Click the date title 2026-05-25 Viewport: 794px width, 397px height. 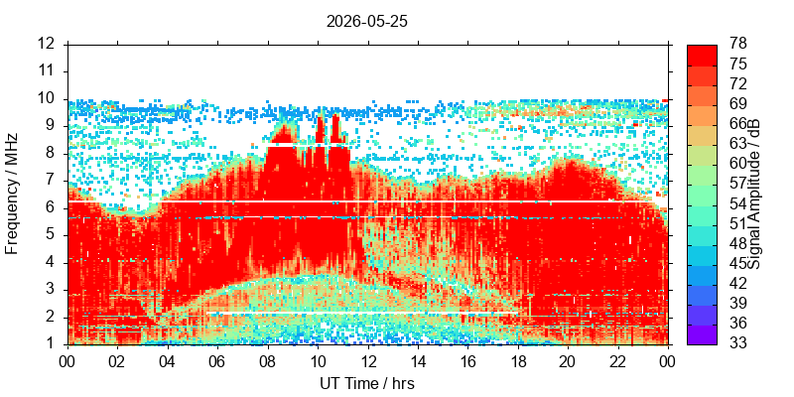[367, 22]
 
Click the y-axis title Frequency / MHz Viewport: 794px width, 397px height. [12, 194]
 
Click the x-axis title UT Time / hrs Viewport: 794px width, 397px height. [367, 383]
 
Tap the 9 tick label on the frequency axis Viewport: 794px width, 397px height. [51, 126]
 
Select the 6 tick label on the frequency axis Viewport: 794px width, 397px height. [51, 208]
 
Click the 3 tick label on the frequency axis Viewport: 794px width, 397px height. [51, 290]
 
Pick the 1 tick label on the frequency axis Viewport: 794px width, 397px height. [51, 344]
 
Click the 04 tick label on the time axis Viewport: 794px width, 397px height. [168, 362]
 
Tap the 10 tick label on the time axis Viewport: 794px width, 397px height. [318, 362]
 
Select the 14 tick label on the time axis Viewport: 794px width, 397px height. [418, 362]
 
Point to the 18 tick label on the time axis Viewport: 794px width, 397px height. [517, 362]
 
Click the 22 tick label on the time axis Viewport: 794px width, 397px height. [617, 362]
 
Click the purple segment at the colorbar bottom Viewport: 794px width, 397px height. [702, 334]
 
